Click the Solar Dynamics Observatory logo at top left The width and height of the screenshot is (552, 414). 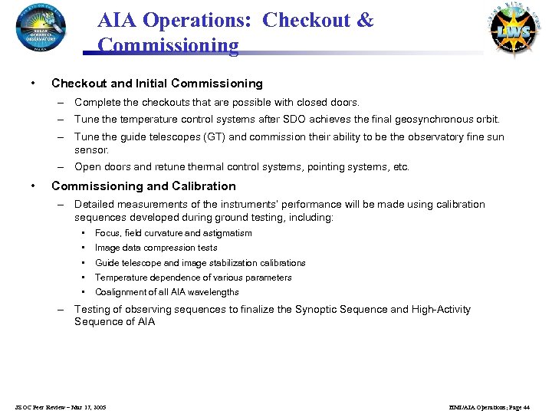point(41,28)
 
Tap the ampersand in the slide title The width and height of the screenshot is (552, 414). point(365,20)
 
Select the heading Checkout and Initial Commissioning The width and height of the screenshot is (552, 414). point(156,84)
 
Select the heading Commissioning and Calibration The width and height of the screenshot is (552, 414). point(143,186)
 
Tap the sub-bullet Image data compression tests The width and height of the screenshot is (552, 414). point(156,248)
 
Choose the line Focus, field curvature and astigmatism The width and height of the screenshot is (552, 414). point(173,233)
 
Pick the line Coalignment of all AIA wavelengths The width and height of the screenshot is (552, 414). point(166,292)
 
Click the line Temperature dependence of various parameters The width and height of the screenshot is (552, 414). point(193,278)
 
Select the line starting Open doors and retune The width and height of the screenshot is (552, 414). point(242,167)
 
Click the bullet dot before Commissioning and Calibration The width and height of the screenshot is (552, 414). point(31,186)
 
